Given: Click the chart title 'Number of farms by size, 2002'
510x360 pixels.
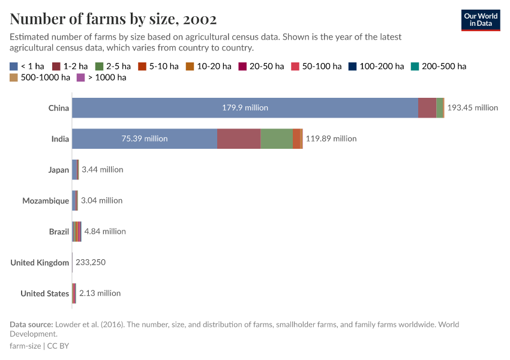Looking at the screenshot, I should click(113, 19).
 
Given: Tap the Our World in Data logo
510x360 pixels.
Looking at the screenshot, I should click(480, 20).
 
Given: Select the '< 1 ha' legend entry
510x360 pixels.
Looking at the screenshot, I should click(27, 66).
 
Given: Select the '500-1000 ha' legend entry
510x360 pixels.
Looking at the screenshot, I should click(40, 77).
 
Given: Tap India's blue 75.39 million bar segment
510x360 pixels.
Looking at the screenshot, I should click(144, 139).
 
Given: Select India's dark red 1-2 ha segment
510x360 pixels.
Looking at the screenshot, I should click(239, 139).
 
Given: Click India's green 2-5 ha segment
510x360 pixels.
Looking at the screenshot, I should click(277, 139).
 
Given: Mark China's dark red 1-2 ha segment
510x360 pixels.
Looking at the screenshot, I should click(427, 108).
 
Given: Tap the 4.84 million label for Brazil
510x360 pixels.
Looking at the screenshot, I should click(105, 232).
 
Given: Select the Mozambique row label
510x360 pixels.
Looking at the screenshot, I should click(46, 201).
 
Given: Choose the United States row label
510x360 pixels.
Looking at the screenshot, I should click(44, 293).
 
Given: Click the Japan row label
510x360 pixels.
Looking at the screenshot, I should click(59, 170).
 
